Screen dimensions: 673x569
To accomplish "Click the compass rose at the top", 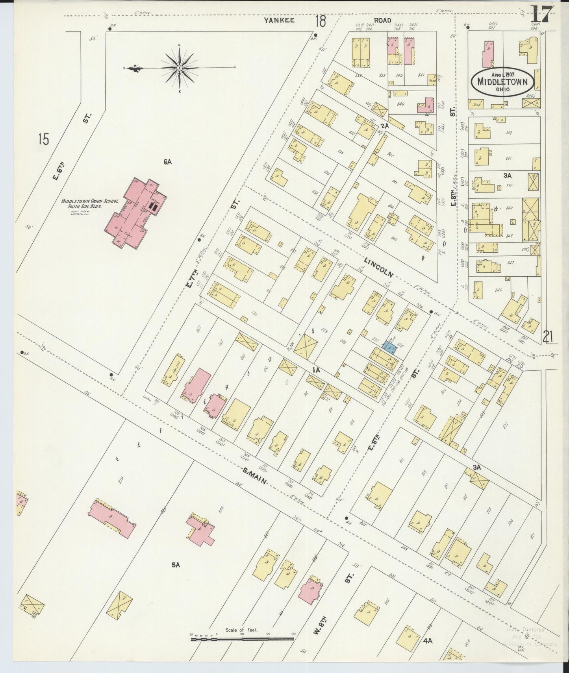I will click(180, 68).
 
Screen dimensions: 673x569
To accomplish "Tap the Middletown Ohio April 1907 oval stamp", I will click(502, 82).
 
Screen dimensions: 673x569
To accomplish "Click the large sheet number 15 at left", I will click(44, 139).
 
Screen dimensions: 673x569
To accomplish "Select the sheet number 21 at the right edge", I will click(549, 337).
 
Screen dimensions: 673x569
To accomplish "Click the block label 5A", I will click(176, 564).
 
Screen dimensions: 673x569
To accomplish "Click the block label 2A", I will click(385, 126).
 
